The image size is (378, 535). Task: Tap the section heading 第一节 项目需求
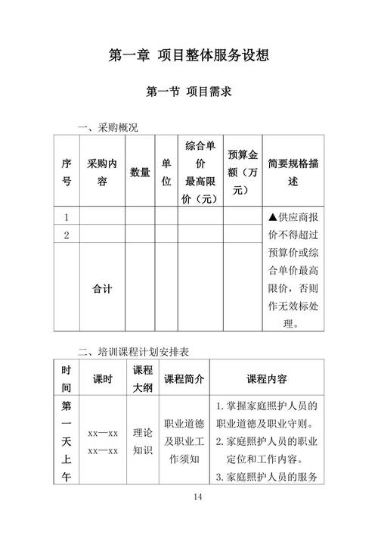tap(188, 93)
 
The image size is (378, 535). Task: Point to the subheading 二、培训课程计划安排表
tap(133, 351)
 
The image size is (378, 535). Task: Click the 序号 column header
tap(67, 173)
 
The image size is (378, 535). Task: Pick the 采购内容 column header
tap(102, 173)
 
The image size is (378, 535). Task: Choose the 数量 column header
tap(140, 173)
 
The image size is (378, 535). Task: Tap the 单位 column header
tap(166, 173)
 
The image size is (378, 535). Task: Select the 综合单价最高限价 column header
tap(200, 172)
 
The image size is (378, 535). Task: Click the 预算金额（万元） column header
tap(243, 173)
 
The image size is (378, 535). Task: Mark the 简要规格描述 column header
tap(293, 173)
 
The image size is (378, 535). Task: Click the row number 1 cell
tap(67, 217)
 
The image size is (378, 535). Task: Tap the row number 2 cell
tap(67, 235)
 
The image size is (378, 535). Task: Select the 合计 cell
tap(102, 288)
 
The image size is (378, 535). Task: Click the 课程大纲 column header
tap(143, 378)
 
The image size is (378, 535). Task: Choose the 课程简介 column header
tap(184, 378)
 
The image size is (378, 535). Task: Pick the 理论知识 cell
tap(143, 442)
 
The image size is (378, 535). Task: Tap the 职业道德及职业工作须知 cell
tap(184, 442)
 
